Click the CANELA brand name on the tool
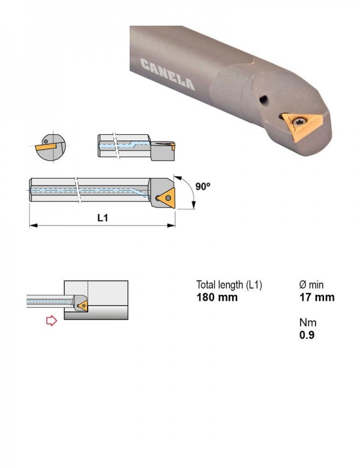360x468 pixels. point(167,74)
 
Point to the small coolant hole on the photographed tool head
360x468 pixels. point(263,100)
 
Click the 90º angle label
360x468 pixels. point(203,186)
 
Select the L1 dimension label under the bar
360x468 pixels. point(103,218)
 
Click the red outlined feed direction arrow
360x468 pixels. point(52,320)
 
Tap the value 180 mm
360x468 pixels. point(217,297)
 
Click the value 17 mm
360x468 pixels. point(317,297)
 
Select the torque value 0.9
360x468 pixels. point(307,335)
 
